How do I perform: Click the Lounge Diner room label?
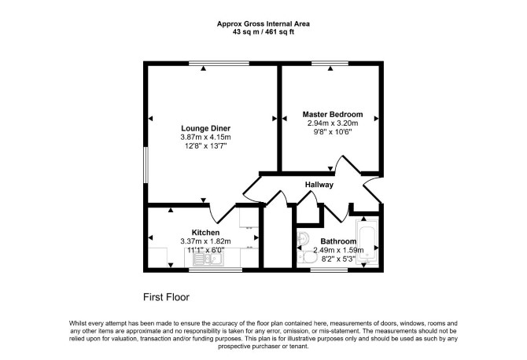[206, 128]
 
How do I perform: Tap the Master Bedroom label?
[333, 114]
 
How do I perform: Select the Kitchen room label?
[206, 233]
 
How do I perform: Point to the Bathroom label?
[338, 241]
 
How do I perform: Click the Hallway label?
[319, 185]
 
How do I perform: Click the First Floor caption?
[167, 297]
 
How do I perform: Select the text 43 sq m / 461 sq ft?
[263, 32]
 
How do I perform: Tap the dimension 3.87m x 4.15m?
[206, 137]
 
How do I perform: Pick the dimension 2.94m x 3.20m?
[333, 123]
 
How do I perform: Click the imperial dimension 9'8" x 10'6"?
[333, 131]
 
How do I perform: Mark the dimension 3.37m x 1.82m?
[206, 241]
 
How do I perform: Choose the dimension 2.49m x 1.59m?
[338, 250]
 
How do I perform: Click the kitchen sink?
[208, 259]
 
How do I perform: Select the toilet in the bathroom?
[308, 257]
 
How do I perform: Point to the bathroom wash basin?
[303, 238]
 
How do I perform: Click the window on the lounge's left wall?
[146, 165]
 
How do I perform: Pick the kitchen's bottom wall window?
[216, 270]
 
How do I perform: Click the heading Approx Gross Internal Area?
[263, 24]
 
